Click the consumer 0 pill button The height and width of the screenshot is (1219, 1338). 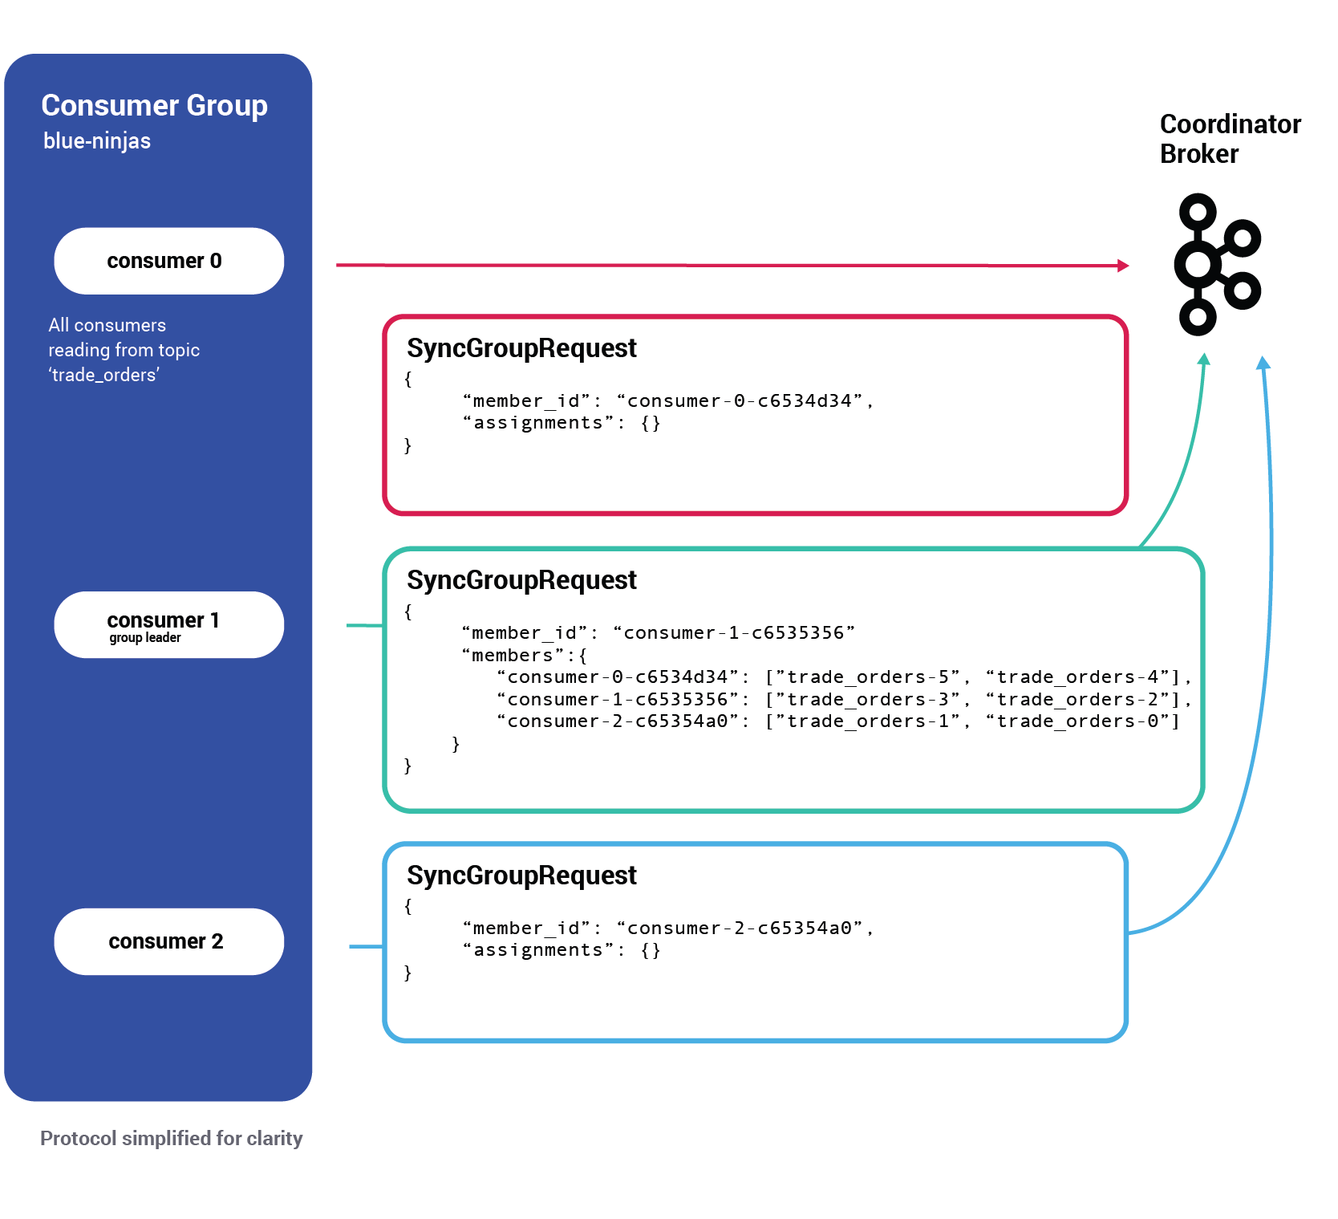pos(168,261)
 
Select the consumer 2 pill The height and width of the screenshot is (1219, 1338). pos(168,941)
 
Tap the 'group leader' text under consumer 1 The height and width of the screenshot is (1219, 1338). pos(145,638)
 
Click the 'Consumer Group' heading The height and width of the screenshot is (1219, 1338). pos(154,105)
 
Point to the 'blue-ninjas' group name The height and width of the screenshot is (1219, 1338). pos(97,141)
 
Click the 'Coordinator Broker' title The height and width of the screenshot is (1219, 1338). pos(1229,138)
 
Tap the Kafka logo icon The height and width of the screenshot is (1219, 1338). pos(1215,264)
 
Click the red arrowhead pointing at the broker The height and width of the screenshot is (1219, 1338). pos(1123,266)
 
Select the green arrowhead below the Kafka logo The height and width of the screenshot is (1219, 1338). pos(1203,360)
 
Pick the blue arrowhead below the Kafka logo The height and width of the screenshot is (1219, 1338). pos(1263,363)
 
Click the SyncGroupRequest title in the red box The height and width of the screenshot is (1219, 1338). pos(521,348)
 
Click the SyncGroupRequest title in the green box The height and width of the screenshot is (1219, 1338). pos(521,580)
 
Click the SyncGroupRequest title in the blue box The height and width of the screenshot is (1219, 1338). pos(521,876)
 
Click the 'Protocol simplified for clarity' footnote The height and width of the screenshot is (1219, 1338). pos(171,1139)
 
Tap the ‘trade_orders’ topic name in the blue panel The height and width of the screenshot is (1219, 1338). pos(104,376)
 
